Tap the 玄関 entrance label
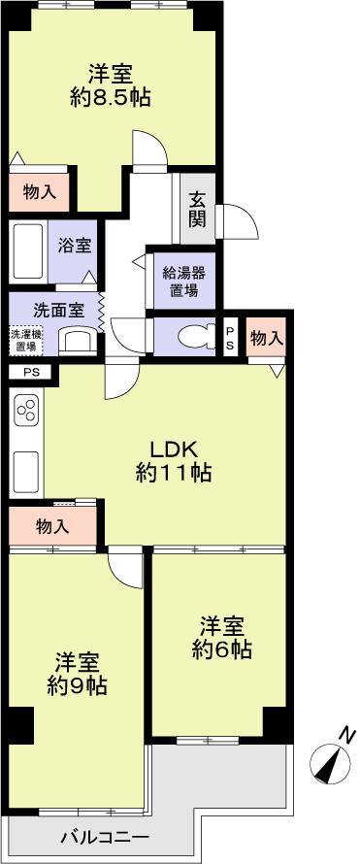tap(197, 210)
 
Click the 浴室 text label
tap(75, 245)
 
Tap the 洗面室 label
tap(57, 312)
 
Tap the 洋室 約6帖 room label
tap(221, 636)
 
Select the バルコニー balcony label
tap(104, 837)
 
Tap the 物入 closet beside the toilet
tap(266, 337)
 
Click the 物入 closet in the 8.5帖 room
tap(40, 192)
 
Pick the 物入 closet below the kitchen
tap(52, 526)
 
